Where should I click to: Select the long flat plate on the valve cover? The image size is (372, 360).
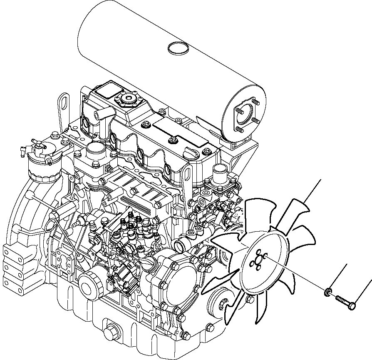(179, 132)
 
